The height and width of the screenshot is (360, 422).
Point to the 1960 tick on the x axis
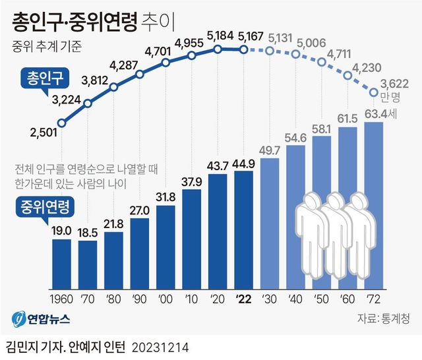(x=61, y=297)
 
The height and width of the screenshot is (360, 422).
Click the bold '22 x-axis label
(x=243, y=297)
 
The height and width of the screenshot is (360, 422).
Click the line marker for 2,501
(x=62, y=123)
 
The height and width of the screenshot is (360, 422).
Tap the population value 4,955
(x=191, y=44)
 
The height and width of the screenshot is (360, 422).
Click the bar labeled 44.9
(x=243, y=231)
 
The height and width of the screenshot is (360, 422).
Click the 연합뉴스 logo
(x=40, y=318)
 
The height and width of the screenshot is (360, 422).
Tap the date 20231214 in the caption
(x=160, y=346)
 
